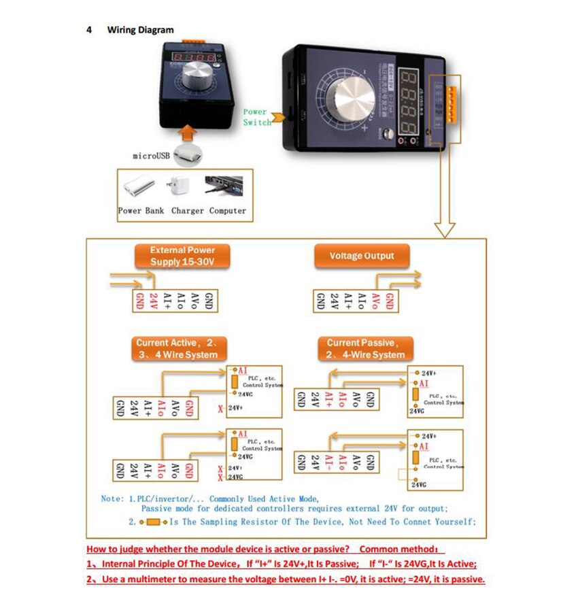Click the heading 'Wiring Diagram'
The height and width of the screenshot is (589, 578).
pos(140,30)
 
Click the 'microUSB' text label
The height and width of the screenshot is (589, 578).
pos(150,156)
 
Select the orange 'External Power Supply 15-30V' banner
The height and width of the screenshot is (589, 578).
pos(182,256)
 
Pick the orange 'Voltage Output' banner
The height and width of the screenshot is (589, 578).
pos(361,256)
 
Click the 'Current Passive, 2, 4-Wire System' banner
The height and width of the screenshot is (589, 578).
pos(365,349)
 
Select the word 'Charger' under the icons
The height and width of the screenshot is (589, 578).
pos(187,211)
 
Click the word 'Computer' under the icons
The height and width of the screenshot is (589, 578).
pos(228,211)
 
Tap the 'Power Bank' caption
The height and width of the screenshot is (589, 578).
pos(141,211)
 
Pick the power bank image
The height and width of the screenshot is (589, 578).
pos(139,186)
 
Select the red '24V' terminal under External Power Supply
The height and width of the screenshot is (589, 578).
pos(154,301)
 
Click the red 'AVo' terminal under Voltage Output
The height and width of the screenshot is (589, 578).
pos(375,301)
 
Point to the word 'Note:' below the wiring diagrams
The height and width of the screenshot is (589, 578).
pos(112,499)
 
